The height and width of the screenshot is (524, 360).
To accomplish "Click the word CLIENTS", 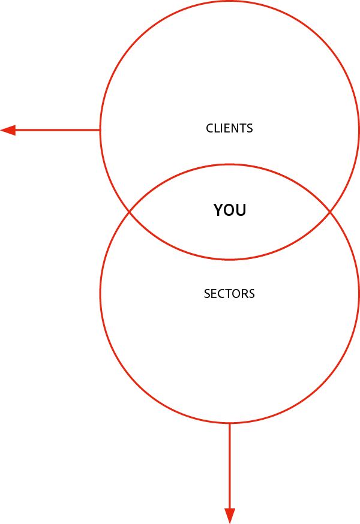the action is (229, 128).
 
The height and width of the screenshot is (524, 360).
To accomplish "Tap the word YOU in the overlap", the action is (230, 210).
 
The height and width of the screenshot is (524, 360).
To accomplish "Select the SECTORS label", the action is (229, 294).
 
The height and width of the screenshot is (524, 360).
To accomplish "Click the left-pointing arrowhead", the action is (8, 130).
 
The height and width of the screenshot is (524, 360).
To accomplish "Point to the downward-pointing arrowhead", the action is (230, 516).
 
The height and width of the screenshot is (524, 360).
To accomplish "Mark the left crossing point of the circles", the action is (130, 212).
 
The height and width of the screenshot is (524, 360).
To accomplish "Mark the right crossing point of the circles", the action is (329, 212).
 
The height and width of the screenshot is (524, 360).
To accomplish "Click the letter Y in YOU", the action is (219, 210).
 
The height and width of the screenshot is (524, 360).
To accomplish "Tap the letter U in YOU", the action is (241, 210).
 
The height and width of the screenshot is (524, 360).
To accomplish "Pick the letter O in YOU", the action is (230, 210).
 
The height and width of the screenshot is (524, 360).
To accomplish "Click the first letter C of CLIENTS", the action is (209, 128).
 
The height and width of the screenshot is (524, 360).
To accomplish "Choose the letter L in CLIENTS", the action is (216, 128).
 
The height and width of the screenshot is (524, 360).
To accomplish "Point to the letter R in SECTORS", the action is (244, 294).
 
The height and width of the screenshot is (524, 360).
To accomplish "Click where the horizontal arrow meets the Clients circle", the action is (100, 130).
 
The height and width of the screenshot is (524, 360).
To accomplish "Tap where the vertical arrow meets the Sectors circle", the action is (230, 423).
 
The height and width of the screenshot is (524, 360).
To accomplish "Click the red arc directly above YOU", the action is (230, 164).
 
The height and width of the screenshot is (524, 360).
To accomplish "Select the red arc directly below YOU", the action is (230, 259).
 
